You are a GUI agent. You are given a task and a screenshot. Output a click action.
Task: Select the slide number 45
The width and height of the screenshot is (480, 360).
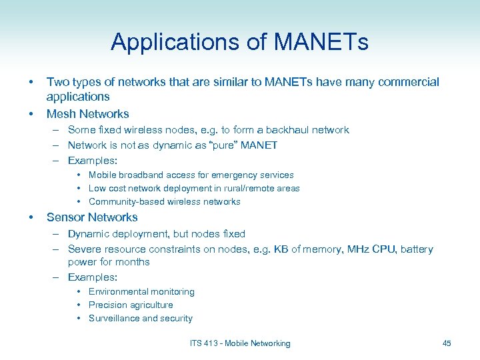(447, 343)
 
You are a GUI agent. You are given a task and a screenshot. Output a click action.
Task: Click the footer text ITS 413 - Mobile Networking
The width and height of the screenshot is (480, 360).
(240, 343)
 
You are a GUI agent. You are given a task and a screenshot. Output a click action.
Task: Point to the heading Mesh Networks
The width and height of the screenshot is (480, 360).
(87, 114)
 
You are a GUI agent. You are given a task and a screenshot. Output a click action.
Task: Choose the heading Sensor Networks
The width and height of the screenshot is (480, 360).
(92, 217)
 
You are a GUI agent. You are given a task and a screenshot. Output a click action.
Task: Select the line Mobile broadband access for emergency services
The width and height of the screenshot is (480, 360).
(191, 175)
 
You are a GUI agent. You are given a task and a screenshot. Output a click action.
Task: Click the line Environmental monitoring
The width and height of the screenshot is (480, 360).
(141, 292)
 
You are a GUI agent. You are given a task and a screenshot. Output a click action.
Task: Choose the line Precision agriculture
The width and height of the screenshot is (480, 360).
(131, 305)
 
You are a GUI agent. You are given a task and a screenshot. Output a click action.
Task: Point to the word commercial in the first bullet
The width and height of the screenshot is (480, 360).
(408, 82)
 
